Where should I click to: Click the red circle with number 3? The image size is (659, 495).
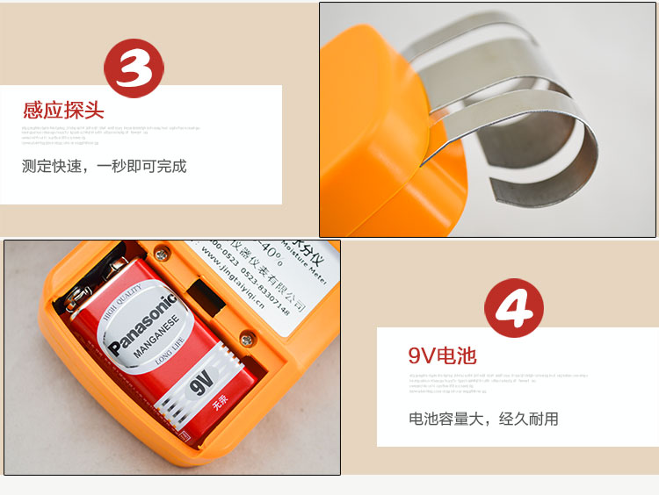click(x=134, y=68)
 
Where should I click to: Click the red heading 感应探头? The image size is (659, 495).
click(x=64, y=111)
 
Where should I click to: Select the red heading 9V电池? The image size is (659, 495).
click(x=442, y=355)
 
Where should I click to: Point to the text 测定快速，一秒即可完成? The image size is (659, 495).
click(x=105, y=166)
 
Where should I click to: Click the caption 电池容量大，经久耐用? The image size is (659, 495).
click(x=483, y=419)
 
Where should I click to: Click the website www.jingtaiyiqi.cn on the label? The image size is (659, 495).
click(x=251, y=275)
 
